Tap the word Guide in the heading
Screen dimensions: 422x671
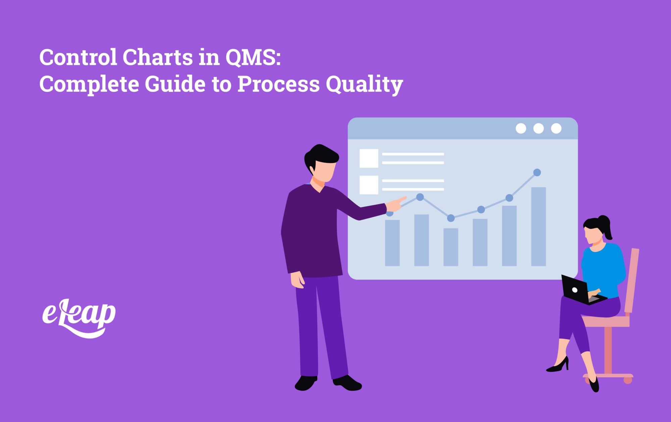(175, 84)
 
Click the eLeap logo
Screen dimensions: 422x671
(79, 317)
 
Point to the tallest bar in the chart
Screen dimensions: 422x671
(538, 227)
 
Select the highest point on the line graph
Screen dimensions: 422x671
(537, 173)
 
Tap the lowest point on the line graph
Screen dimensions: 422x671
(451, 218)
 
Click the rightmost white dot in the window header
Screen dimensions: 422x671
(556, 128)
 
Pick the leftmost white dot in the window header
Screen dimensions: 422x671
(521, 128)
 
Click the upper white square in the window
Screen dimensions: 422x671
(369, 158)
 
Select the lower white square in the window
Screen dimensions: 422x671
(369, 185)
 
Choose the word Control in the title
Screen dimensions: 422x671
(78, 57)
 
